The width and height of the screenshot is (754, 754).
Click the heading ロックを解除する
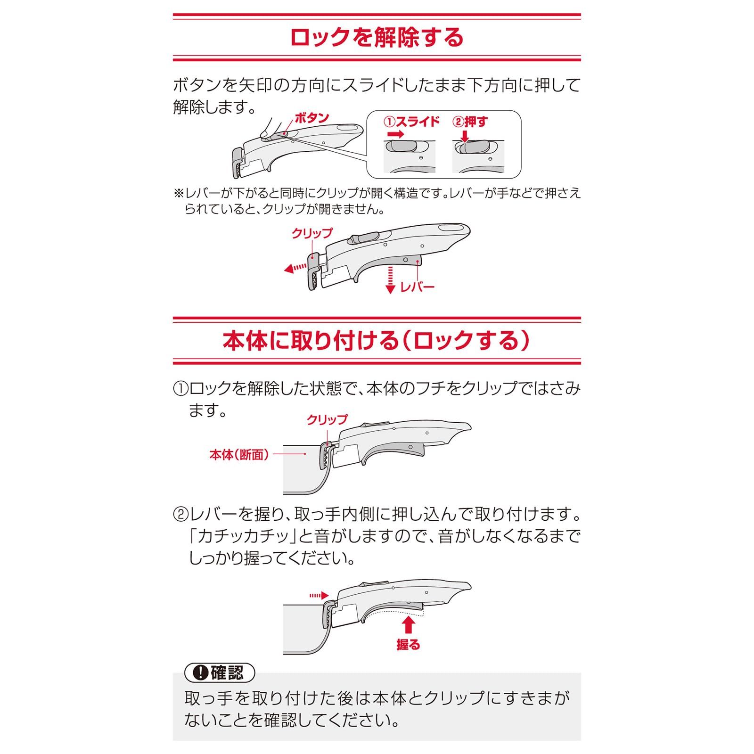377,38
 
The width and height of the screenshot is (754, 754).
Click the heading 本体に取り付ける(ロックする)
377,341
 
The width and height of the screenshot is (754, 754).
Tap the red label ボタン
311,118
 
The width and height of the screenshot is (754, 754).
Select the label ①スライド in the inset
411,122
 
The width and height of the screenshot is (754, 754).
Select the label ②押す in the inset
470,122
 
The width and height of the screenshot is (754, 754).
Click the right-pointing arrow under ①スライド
395,134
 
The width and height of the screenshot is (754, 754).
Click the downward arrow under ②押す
465,136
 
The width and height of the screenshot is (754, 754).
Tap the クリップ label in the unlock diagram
311,233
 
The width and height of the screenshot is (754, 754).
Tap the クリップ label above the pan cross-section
327,419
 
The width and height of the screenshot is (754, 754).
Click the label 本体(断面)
239,455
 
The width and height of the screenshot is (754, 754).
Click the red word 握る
408,644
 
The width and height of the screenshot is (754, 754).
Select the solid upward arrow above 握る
409,625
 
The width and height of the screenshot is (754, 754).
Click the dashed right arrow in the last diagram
319,596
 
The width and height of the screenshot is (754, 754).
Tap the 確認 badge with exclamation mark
220,672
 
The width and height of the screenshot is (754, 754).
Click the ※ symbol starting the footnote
178,194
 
